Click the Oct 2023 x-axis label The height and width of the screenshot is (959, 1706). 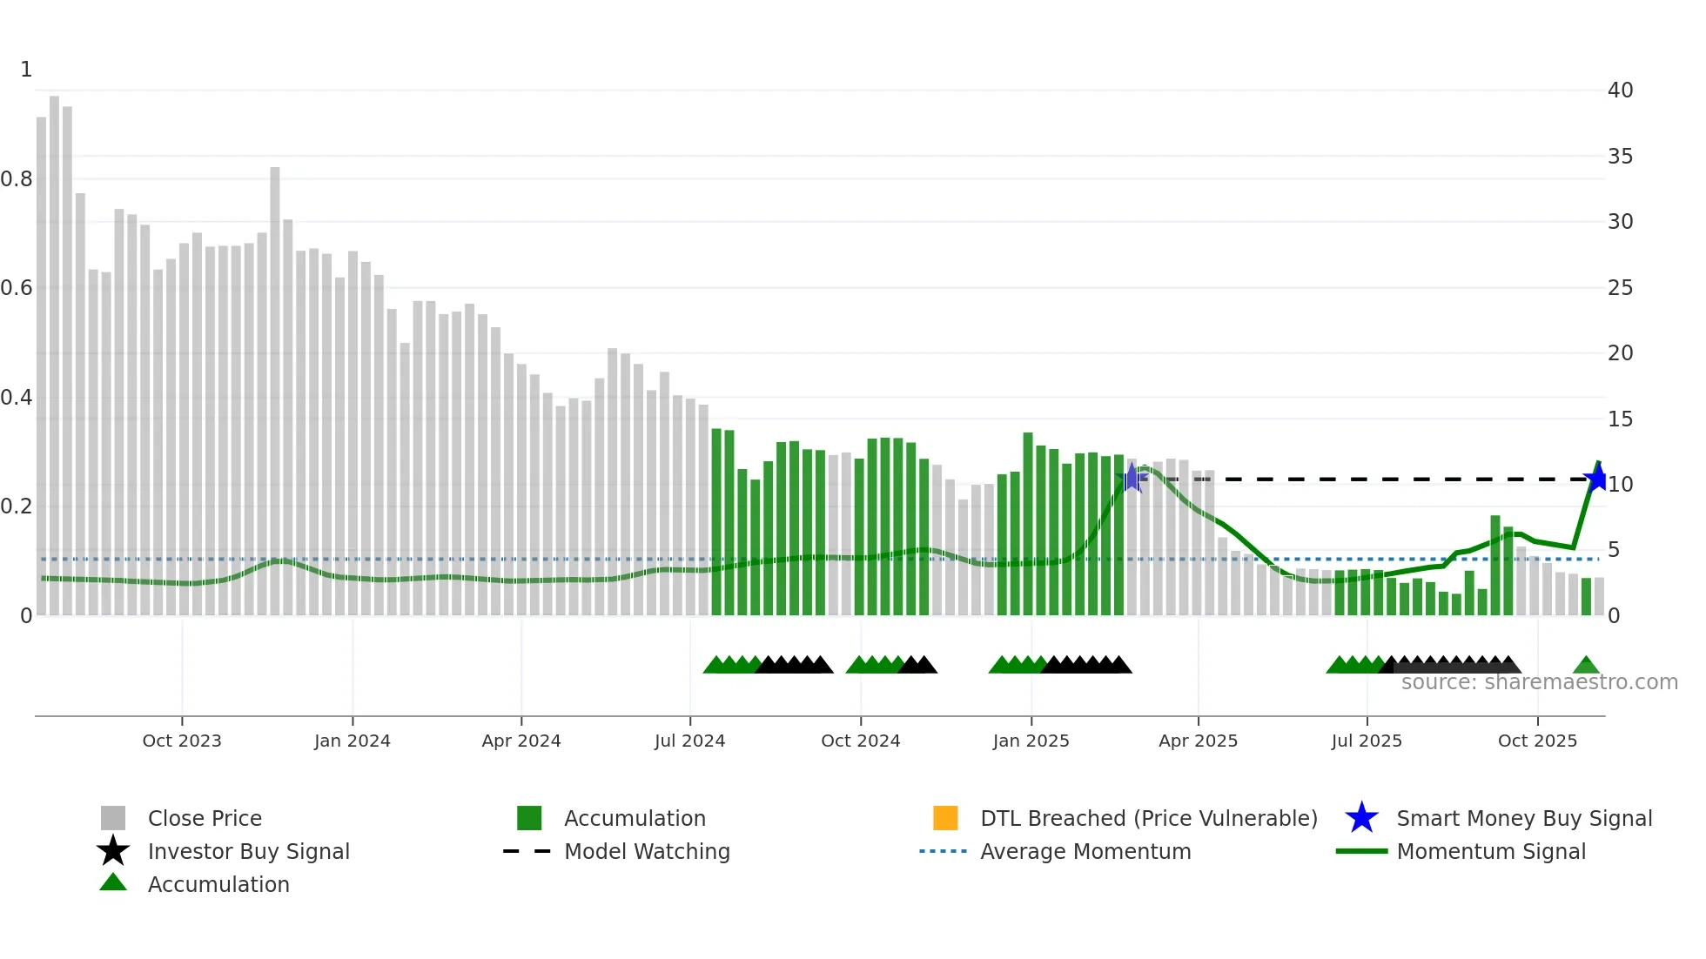pos(182,741)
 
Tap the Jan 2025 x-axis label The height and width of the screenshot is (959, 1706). pos(1031,741)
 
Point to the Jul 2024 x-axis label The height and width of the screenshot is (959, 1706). pos(689,741)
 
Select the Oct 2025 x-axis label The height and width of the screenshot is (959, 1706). pos(1537,741)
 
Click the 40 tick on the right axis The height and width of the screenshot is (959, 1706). pos(1620,91)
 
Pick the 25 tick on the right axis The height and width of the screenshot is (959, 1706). pos(1620,288)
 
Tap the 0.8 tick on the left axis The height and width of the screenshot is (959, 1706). pos(17,179)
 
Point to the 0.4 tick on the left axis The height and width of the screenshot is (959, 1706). pos(17,398)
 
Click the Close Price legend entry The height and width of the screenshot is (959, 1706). pos(205,818)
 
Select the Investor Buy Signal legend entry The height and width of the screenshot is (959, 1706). pos(248,851)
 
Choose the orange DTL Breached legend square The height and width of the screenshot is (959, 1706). pos(945,818)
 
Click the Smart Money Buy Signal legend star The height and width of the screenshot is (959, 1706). pos(1361,818)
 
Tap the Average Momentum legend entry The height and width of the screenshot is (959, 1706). pos(1085,851)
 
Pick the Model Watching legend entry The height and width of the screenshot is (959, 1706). pos(647,851)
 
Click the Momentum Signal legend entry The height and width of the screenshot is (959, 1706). pos(1490,851)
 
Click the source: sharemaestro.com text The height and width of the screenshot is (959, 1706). pos(1539,682)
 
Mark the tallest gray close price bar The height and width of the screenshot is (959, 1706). pos(55,348)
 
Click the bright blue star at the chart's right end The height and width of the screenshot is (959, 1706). pos(1597,478)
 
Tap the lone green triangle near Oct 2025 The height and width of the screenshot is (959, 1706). pos(1586,666)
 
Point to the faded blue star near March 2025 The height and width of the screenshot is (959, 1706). pos(1132,478)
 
